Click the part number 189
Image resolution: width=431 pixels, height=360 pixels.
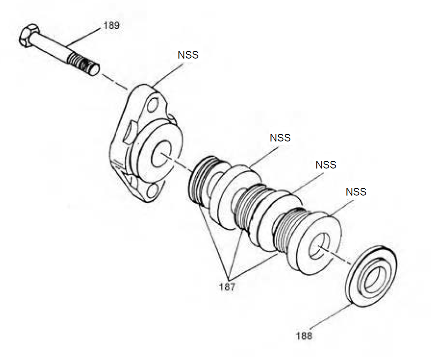[x=111, y=25]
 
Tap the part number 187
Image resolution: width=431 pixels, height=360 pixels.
[x=227, y=287]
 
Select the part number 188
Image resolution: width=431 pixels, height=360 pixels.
[x=304, y=336]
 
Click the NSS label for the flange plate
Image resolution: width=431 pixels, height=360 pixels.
[x=188, y=55]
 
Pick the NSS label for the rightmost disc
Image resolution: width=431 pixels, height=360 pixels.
[x=356, y=191]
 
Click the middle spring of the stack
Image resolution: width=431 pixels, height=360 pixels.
[x=246, y=205]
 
